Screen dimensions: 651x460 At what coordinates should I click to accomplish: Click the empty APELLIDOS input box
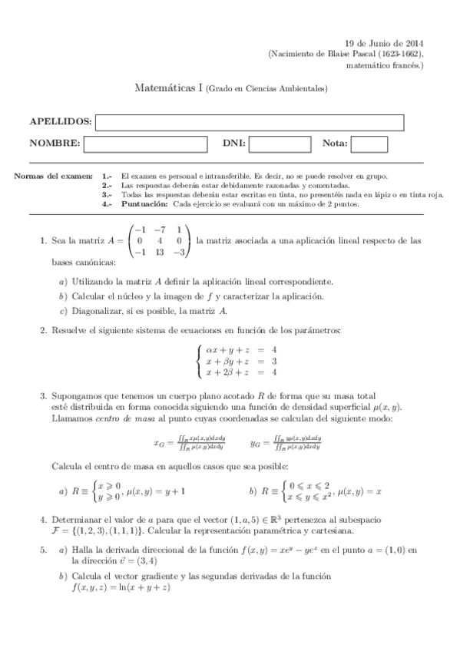pyautogui.click(x=250, y=123)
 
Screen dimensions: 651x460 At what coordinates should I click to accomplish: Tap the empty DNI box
pyautogui.click(x=280, y=144)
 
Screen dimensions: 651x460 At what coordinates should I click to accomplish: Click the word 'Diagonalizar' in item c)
pyautogui.click(x=99, y=311)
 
